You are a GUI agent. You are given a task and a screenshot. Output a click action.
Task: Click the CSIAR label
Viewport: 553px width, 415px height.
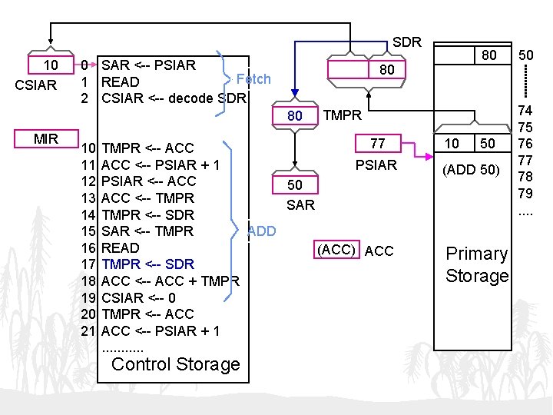pos(36,85)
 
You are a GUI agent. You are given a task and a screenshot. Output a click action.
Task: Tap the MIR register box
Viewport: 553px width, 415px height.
pos(46,139)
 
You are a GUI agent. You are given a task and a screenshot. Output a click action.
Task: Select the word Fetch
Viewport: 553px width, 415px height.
pos(253,78)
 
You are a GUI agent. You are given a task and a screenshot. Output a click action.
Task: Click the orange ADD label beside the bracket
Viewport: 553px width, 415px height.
pos(262,231)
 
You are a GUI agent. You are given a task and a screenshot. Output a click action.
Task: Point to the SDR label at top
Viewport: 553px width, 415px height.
pos(406,41)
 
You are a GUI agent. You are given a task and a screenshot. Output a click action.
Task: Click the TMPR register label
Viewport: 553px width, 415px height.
pos(342,115)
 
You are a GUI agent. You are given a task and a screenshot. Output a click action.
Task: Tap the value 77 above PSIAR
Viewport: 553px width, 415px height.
pos(377,144)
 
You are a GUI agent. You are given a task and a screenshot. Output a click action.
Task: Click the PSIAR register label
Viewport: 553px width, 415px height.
pos(376,164)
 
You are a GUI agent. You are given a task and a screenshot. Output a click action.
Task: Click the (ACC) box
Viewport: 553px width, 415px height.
pos(336,251)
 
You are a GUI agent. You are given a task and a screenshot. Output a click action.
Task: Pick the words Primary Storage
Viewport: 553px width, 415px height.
pos(477,264)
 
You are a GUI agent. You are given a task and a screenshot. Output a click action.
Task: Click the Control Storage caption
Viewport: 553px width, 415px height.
pos(176,364)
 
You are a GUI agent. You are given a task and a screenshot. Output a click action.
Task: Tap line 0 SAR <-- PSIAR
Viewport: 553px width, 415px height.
pos(139,65)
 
